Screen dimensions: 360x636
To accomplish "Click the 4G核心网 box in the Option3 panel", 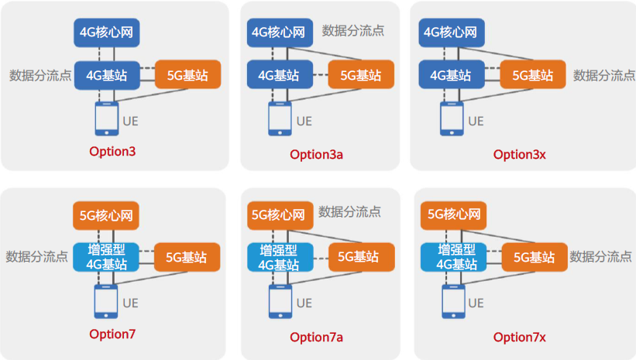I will [x=107, y=33].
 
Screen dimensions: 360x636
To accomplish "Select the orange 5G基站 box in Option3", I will [x=187, y=75].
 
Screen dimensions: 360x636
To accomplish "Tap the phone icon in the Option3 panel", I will [x=105, y=119].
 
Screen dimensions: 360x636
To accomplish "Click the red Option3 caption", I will [x=112, y=151].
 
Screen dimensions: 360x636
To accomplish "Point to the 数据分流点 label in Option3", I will [x=40, y=76].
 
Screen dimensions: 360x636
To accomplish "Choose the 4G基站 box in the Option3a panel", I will [x=280, y=75].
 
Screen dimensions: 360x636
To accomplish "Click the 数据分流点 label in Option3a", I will [x=353, y=31].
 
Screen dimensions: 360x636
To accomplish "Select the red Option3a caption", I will [x=316, y=154].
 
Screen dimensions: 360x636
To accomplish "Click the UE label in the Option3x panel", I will [x=476, y=121].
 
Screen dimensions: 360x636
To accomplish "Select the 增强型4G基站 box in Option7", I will [x=106, y=257].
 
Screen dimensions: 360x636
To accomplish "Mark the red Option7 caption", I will [x=112, y=334].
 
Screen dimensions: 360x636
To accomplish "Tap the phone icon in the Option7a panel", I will [x=280, y=302].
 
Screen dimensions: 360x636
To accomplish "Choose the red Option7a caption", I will [x=316, y=337].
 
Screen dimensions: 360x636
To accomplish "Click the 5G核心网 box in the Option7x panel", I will [x=454, y=214].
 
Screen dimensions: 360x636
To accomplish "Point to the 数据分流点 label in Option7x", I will [x=601, y=256].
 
